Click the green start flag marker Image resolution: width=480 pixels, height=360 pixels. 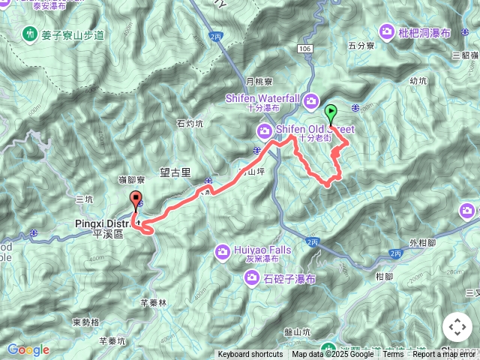[331, 114]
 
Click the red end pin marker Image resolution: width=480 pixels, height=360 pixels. [136, 200]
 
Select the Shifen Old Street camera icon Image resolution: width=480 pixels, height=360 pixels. [264, 132]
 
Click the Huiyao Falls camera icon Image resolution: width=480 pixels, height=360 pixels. [223, 252]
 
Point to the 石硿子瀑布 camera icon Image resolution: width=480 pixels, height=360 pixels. [252, 279]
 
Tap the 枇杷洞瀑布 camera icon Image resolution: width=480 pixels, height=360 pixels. [387, 31]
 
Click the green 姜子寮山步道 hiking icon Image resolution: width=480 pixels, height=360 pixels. [30, 34]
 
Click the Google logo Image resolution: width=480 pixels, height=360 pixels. [28, 349]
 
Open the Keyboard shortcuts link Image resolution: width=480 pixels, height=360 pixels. [250, 355]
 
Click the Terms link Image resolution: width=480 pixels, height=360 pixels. [393, 355]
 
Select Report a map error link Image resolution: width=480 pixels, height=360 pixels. [445, 355]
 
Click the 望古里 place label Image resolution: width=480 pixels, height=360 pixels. [175, 172]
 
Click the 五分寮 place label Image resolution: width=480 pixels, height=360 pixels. [361, 46]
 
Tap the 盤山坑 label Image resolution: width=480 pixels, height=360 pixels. [297, 331]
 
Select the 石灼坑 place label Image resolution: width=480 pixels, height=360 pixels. [189, 124]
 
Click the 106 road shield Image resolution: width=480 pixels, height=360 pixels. [304, 49]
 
